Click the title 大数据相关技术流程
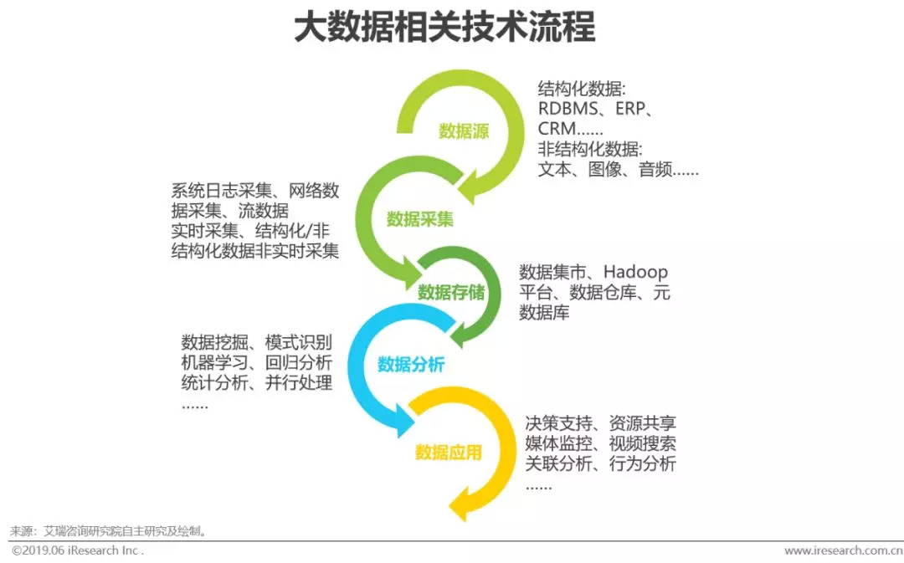(444, 27)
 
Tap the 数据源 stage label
(464, 131)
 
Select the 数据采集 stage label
(420, 219)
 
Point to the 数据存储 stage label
(451, 292)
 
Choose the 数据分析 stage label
(411, 365)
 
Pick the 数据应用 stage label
(449, 453)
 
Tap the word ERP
(634, 109)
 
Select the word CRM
(557, 129)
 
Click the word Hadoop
(635, 272)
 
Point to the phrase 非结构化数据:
(590, 149)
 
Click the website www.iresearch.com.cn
(842, 551)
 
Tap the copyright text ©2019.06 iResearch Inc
(77, 551)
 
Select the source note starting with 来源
(108, 531)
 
